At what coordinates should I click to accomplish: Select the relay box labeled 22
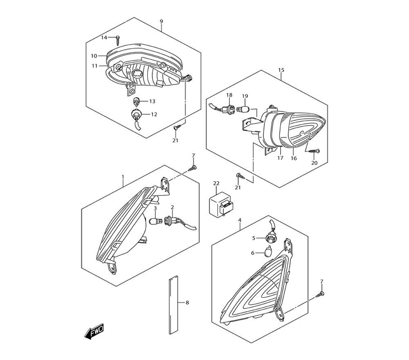pyautogui.click(x=220, y=204)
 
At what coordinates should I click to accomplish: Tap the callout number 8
pyautogui.click(x=187, y=303)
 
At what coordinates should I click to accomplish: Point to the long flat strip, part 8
pyautogui.click(x=173, y=304)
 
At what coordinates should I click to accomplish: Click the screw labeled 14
pyautogui.click(x=118, y=40)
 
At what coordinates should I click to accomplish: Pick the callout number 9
pyautogui.click(x=161, y=21)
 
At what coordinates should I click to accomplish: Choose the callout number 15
pyautogui.click(x=281, y=70)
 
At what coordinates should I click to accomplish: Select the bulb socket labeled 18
pyautogui.click(x=222, y=108)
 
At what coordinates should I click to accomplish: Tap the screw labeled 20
pyautogui.click(x=314, y=151)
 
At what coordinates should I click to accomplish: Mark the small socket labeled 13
pyautogui.click(x=137, y=101)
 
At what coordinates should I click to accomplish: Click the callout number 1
pyautogui.click(x=123, y=177)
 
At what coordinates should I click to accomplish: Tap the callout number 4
pyautogui.click(x=240, y=220)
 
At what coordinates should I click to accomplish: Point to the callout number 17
pyautogui.click(x=280, y=158)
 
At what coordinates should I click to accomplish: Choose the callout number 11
pyautogui.click(x=94, y=66)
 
